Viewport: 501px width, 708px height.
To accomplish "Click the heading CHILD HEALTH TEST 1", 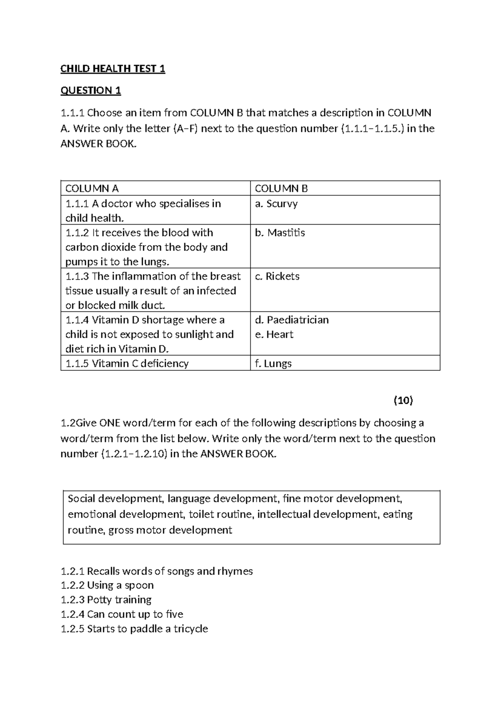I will pos(113,69).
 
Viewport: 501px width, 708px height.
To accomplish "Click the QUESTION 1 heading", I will pos(91,91).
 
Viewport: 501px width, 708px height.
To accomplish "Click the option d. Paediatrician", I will pos(291,320).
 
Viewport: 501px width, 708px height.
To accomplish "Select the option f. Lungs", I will pos(273,364).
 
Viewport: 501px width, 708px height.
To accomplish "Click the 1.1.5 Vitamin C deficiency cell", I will pos(127,364).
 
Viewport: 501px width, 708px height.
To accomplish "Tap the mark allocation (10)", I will pos(403,401).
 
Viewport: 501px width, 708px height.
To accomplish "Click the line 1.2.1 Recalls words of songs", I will pos(157,571).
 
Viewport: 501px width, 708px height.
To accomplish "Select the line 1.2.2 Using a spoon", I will pos(107,585).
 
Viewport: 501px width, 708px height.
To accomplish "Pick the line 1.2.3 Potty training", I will pos(106,600).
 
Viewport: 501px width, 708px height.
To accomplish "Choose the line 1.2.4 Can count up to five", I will pos(122,614).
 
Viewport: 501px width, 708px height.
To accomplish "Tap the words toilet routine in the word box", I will pos(220,514).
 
